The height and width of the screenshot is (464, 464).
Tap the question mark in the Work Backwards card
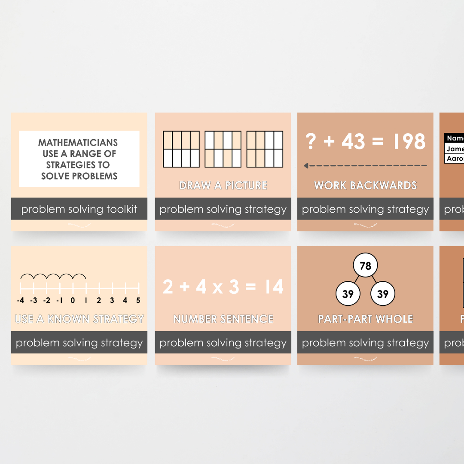click(x=311, y=141)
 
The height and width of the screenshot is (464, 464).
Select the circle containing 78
click(x=365, y=266)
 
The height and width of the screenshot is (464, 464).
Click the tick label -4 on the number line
click(x=20, y=300)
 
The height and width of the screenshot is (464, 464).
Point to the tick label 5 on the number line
click(x=138, y=300)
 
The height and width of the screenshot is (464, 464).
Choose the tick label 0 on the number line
click(x=73, y=300)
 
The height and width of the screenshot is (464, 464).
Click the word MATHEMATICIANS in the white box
click(x=78, y=143)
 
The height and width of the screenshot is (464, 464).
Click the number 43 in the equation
click(x=353, y=141)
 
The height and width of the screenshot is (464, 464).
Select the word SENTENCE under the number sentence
click(x=249, y=319)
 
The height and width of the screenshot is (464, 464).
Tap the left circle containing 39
click(x=348, y=294)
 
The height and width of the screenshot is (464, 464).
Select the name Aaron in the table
click(x=455, y=159)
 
